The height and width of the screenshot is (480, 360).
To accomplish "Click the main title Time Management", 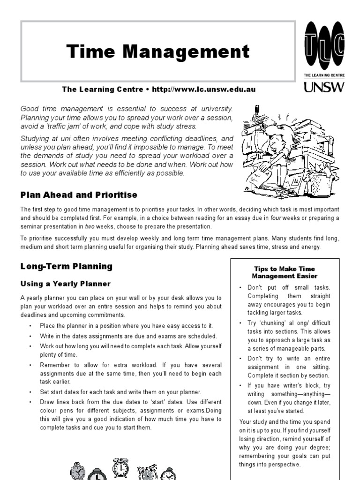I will (x=157, y=52).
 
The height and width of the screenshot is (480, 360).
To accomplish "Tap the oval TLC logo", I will (x=323, y=46).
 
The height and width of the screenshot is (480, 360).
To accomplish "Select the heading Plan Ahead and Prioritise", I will (x=79, y=195).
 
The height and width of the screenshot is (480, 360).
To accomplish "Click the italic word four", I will (x=275, y=218).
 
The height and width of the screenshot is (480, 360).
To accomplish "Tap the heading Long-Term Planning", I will (x=67, y=266).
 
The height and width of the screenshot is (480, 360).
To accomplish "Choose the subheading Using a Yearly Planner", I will (x=66, y=284).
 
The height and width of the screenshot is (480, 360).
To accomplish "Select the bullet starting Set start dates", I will (x=121, y=392).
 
